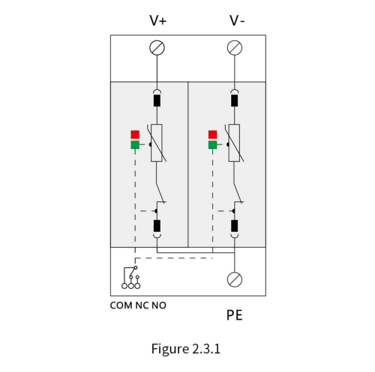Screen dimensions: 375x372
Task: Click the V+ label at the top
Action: point(157,20)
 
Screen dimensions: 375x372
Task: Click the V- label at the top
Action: point(237,20)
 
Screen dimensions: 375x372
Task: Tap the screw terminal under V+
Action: point(157,48)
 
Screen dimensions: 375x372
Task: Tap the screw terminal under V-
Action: point(235,48)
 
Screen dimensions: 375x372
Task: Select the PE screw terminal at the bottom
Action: point(235,279)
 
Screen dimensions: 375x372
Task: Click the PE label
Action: point(235,315)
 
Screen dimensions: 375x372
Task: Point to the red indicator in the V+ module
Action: point(135,135)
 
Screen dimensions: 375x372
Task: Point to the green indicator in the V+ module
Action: point(135,144)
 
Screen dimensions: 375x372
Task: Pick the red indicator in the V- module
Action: point(213,135)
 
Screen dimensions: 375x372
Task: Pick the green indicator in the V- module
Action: point(213,144)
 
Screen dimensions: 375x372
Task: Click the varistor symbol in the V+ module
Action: point(157,143)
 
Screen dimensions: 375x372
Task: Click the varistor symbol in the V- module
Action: point(234,143)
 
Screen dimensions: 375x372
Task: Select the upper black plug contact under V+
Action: point(157,100)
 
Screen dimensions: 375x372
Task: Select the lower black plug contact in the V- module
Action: point(234,226)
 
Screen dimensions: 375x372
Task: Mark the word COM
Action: point(121,305)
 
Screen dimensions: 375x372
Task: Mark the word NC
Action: point(142,305)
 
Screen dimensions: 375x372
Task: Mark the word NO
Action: point(159,305)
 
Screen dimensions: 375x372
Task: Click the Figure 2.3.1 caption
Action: point(186,349)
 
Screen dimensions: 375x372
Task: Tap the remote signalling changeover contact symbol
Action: point(130,278)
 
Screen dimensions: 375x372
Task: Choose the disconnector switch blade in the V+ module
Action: point(160,192)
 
